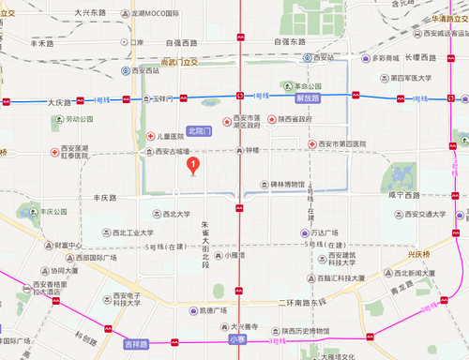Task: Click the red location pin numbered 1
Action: tap(193, 165)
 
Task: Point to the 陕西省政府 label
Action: tap(292, 119)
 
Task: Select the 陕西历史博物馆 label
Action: tap(300, 331)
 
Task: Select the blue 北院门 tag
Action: tap(202, 131)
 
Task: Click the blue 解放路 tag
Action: tap(308, 97)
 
